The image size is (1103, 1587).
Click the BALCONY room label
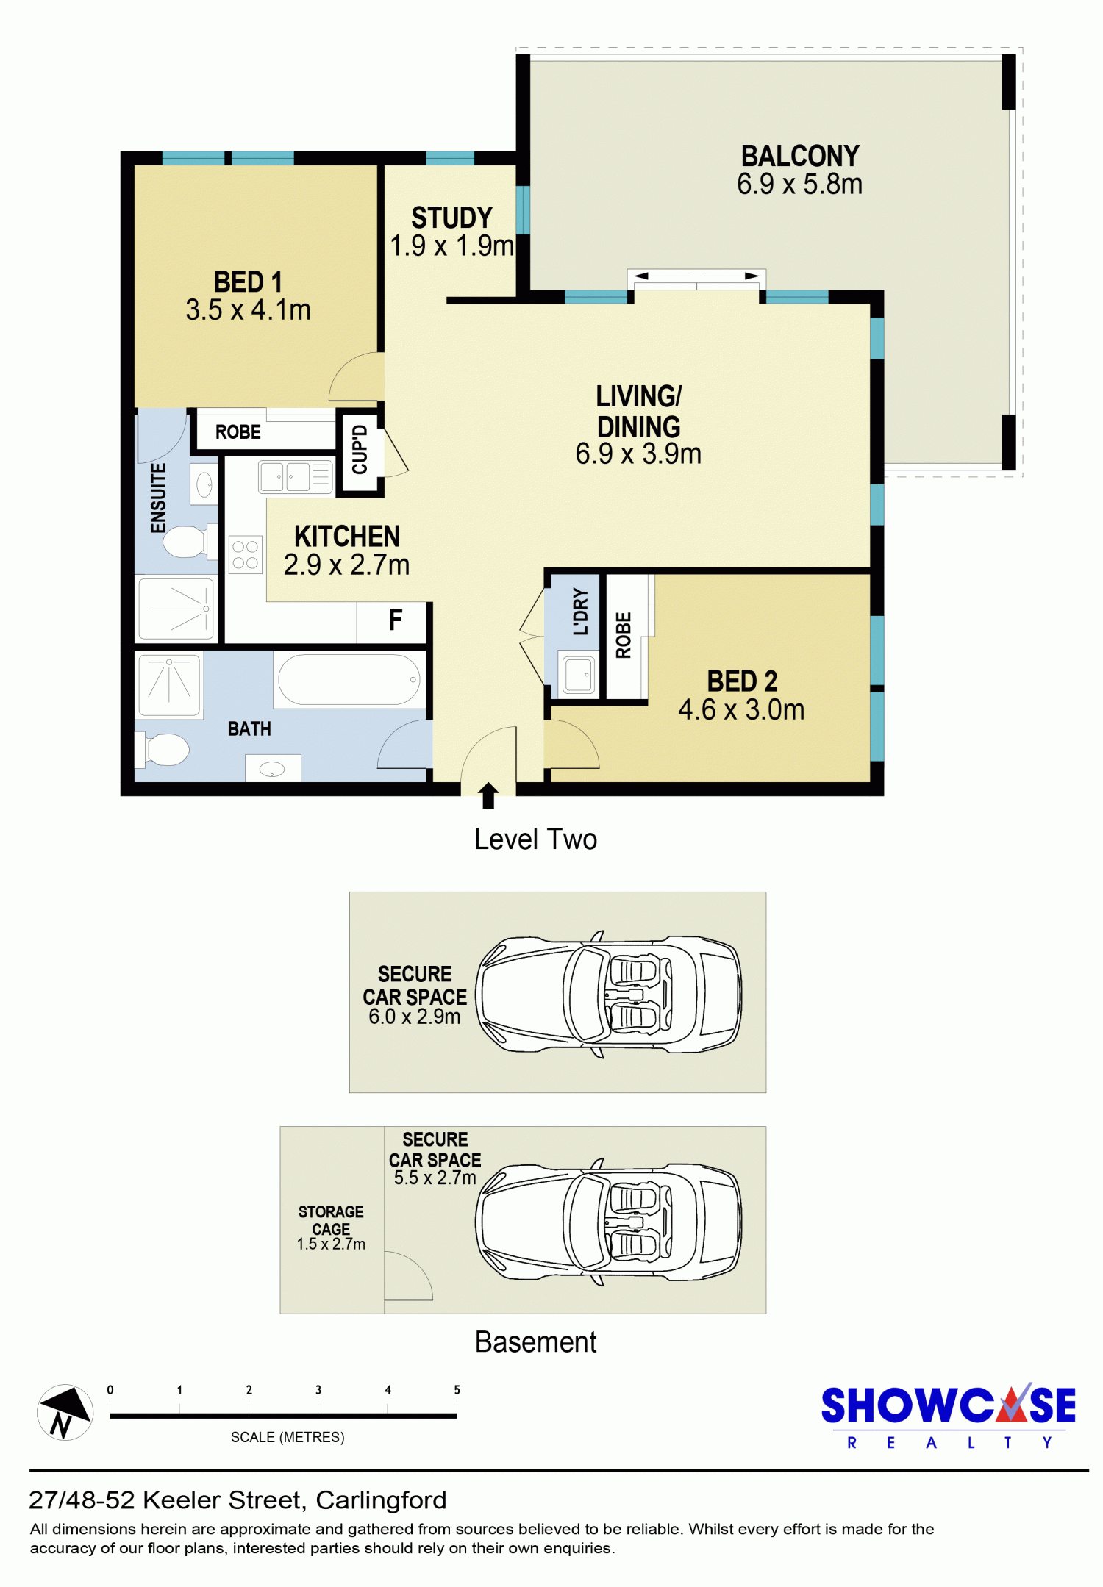[x=800, y=156]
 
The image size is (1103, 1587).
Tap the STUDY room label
[x=451, y=218]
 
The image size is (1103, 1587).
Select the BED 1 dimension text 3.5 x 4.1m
[x=249, y=310]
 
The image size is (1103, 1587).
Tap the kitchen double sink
[x=296, y=477]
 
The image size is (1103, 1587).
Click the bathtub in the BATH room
[x=349, y=680]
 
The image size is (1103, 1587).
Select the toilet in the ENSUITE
[x=188, y=542]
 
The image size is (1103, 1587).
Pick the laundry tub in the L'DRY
[x=578, y=673]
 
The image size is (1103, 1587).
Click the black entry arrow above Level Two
[x=488, y=795]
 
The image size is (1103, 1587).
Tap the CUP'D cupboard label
[x=360, y=449]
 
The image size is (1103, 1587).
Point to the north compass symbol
[x=65, y=1412]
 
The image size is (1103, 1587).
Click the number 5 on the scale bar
[x=457, y=1390]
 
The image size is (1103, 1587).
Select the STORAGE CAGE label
[x=331, y=1219]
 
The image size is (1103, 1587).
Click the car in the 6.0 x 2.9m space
[x=608, y=995]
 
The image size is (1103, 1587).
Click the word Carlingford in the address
[x=381, y=1500]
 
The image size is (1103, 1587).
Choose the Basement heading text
[x=535, y=1342]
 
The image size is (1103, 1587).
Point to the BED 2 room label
[x=742, y=681]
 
